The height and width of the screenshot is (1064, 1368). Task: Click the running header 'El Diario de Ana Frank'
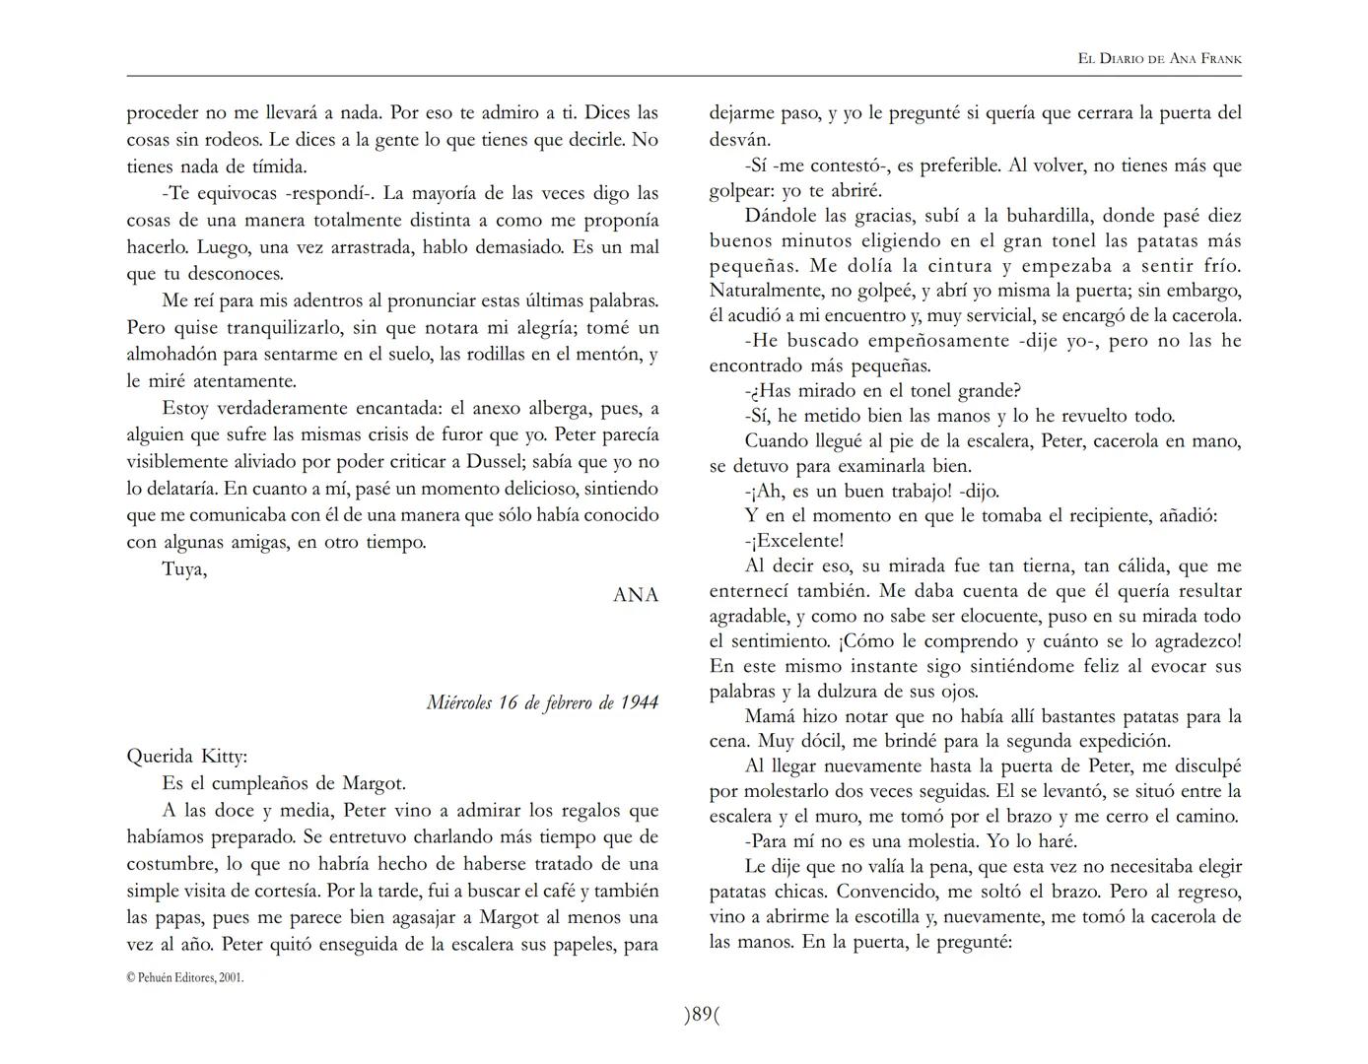coord(1159,59)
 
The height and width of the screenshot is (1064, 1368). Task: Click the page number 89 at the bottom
coord(702,1015)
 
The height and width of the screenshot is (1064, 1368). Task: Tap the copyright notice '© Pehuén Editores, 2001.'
coord(184,978)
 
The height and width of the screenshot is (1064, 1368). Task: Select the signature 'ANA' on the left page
coord(636,595)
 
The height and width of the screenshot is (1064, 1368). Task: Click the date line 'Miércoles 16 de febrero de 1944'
coord(542,702)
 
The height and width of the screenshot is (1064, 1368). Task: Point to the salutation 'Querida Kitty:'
coord(187,757)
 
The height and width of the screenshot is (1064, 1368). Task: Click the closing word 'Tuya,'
coord(184,568)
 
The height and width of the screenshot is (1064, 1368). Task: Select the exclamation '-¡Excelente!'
coord(794,541)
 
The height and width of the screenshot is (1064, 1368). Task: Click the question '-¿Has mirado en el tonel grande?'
coord(882,391)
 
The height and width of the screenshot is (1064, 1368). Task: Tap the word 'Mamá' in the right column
coord(770,716)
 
